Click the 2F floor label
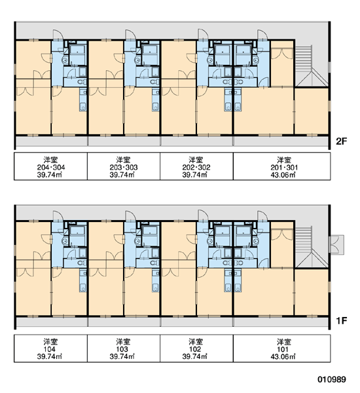pyautogui.click(x=341, y=141)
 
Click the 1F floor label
pyautogui.click(x=341, y=320)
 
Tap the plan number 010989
pyautogui.click(x=332, y=379)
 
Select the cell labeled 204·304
pyautogui.click(x=50, y=166)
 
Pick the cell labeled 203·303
pyautogui.click(x=124, y=166)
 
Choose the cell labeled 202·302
pyautogui.click(x=196, y=166)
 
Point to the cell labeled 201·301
pyautogui.click(x=281, y=166)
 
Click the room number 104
pyautogui.click(x=49, y=349)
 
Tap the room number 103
pyautogui.click(x=122, y=349)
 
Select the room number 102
pyautogui.click(x=195, y=349)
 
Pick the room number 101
pyautogui.click(x=283, y=349)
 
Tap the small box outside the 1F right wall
pyautogui.click(x=337, y=244)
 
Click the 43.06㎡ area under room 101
pyautogui.click(x=283, y=356)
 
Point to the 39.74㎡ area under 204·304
pyautogui.click(x=49, y=175)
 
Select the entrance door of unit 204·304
pyautogui.click(x=57, y=35)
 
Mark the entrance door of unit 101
pyautogui.click(x=262, y=217)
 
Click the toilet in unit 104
pyautogui.click(x=81, y=263)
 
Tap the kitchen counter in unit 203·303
pyautogui.click(x=156, y=100)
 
